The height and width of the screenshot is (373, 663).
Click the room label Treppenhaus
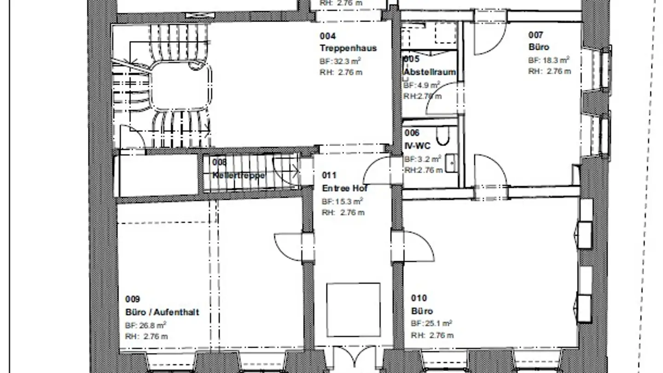tap(348, 48)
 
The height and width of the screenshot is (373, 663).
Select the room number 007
tap(535, 35)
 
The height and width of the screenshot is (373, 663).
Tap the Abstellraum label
tap(429, 72)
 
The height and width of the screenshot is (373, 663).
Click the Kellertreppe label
tap(238, 175)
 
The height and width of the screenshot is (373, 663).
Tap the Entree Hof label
tap(344, 188)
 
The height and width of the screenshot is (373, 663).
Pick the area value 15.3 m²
tap(342, 201)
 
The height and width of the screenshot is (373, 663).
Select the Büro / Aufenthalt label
tap(162, 312)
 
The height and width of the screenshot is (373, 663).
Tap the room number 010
tap(419, 298)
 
